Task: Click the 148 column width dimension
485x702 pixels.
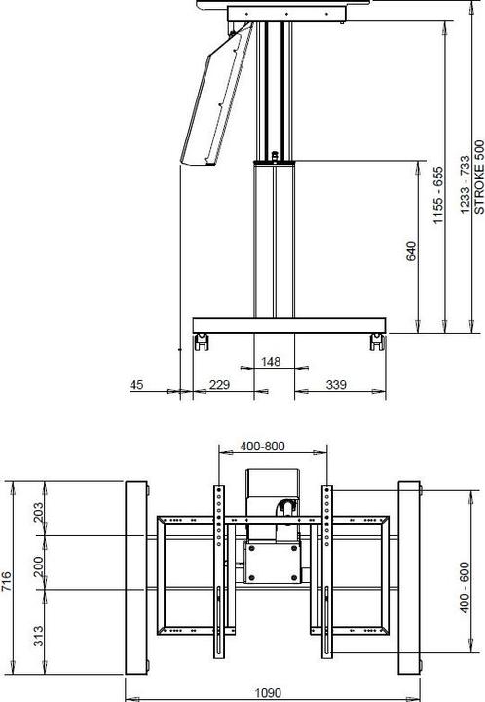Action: (271, 362)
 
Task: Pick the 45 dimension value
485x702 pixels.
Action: (138, 386)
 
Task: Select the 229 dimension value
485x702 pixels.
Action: (220, 386)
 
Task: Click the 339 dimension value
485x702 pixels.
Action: (336, 386)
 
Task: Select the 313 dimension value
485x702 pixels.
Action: (38, 636)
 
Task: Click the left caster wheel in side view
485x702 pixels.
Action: (203, 341)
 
